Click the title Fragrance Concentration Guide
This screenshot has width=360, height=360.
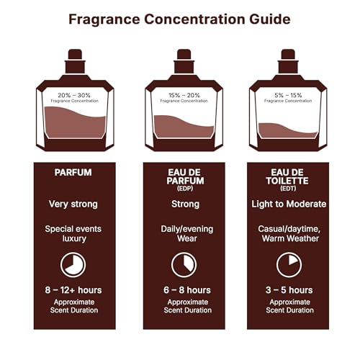coord(179,19)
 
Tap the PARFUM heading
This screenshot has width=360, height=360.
coord(73,173)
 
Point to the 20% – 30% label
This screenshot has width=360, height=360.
coord(75,95)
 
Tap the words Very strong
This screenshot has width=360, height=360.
coord(73,204)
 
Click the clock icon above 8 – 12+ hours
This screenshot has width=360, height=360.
coord(73,264)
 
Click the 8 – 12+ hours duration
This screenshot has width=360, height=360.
coord(73,290)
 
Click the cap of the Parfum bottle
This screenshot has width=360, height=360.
coord(75,57)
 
